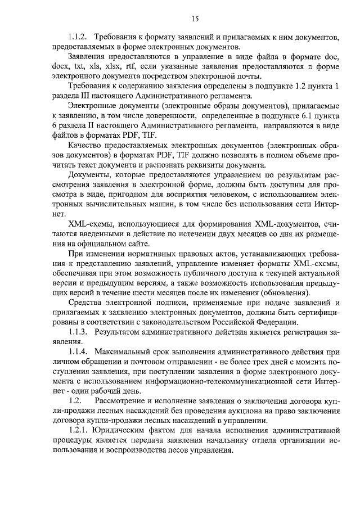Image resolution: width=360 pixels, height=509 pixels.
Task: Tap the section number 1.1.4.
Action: click(x=77, y=350)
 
